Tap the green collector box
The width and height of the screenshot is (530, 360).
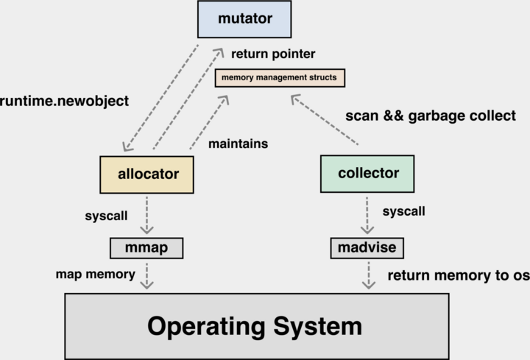pyautogui.click(x=367, y=174)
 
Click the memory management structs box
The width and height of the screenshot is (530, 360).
pyautogui.click(x=280, y=77)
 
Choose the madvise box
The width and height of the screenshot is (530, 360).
pyautogui.click(x=367, y=248)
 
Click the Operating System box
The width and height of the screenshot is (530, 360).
pyautogui.click(x=255, y=326)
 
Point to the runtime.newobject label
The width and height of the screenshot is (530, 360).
pyautogui.click(x=65, y=101)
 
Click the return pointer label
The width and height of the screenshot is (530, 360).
pyautogui.click(x=273, y=54)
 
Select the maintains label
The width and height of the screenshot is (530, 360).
pyautogui.click(x=239, y=144)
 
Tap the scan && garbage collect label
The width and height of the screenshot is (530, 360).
pyautogui.click(x=431, y=116)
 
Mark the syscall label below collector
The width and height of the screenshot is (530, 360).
pyautogui.click(x=404, y=212)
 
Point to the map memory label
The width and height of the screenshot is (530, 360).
pyautogui.click(x=95, y=275)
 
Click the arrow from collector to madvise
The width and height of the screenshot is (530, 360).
pyautogui.click(x=367, y=214)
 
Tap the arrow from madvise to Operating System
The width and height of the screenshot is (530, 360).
pyautogui.click(x=367, y=275)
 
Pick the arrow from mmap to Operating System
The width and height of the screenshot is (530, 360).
pyautogui.click(x=147, y=275)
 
